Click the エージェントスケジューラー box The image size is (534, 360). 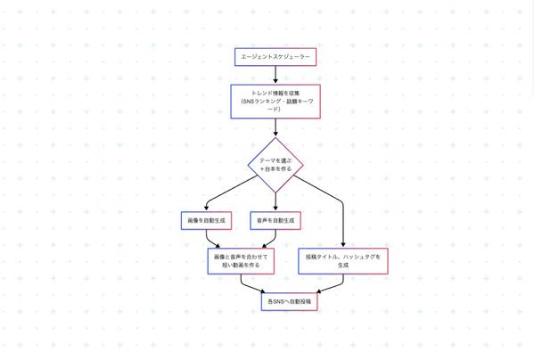click(275, 57)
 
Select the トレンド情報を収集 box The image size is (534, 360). click(275, 102)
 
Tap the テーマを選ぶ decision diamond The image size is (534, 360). click(275, 165)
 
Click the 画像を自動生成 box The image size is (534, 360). click(207, 221)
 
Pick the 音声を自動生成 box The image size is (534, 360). click(275, 221)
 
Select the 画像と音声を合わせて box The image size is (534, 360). click(241, 261)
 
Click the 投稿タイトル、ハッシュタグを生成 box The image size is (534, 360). click(343, 261)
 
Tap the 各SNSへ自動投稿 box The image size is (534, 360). click(290, 301)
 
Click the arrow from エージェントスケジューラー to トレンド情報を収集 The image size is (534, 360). click(275, 75)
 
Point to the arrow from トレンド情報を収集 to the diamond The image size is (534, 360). click(275, 127)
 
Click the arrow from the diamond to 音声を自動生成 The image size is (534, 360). click(275, 201)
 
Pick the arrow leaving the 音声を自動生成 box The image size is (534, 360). click(273, 240)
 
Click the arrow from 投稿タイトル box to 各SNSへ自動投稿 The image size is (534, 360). click(335, 286)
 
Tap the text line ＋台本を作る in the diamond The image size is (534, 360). click(275, 169)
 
